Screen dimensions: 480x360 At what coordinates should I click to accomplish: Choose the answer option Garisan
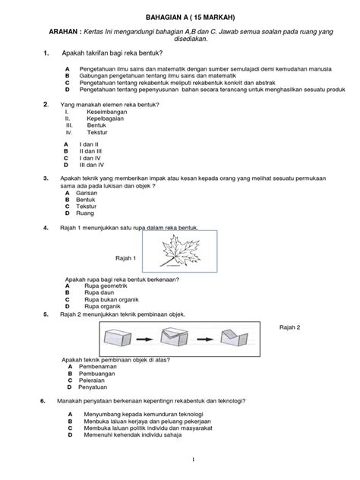(89, 193)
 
